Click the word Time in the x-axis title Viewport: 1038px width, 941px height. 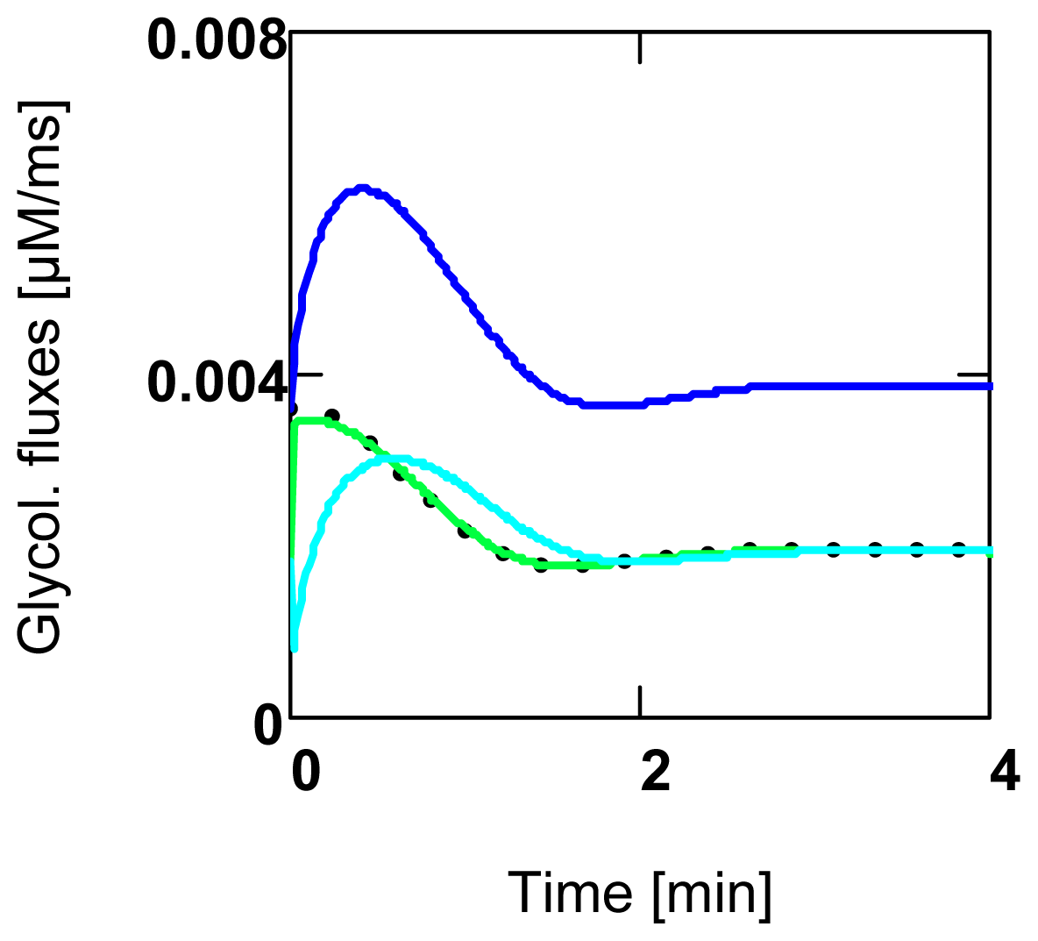pyautogui.click(x=569, y=893)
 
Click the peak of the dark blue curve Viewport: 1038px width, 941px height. pyautogui.click(x=362, y=189)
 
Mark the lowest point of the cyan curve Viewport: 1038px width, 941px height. pyautogui.click(x=294, y=647)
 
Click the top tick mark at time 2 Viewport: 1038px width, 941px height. pyautogui.click(x=641, y=48)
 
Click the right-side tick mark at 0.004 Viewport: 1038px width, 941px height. pyautogui.click(x=976, y=374)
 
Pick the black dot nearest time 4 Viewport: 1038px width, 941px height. pyautogui.click(x=959, y=549)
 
